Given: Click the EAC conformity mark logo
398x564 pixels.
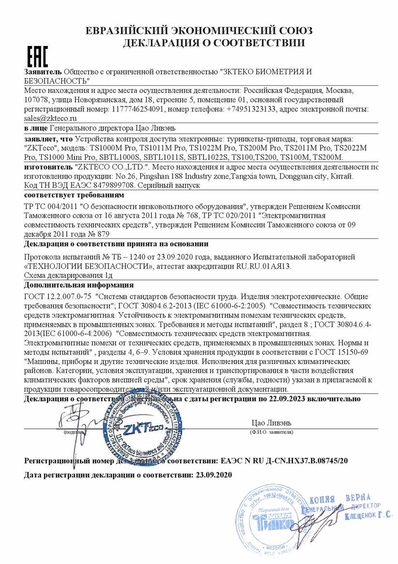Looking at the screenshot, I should click(37, 57).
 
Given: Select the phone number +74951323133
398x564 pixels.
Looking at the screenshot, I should click(251, 109).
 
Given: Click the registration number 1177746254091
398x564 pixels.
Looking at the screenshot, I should click(138, 109).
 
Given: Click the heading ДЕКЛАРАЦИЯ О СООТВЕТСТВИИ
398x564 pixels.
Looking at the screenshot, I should click(214, 43).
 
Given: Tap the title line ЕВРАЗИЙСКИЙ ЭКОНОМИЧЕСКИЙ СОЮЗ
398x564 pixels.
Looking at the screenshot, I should click(199, 30).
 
